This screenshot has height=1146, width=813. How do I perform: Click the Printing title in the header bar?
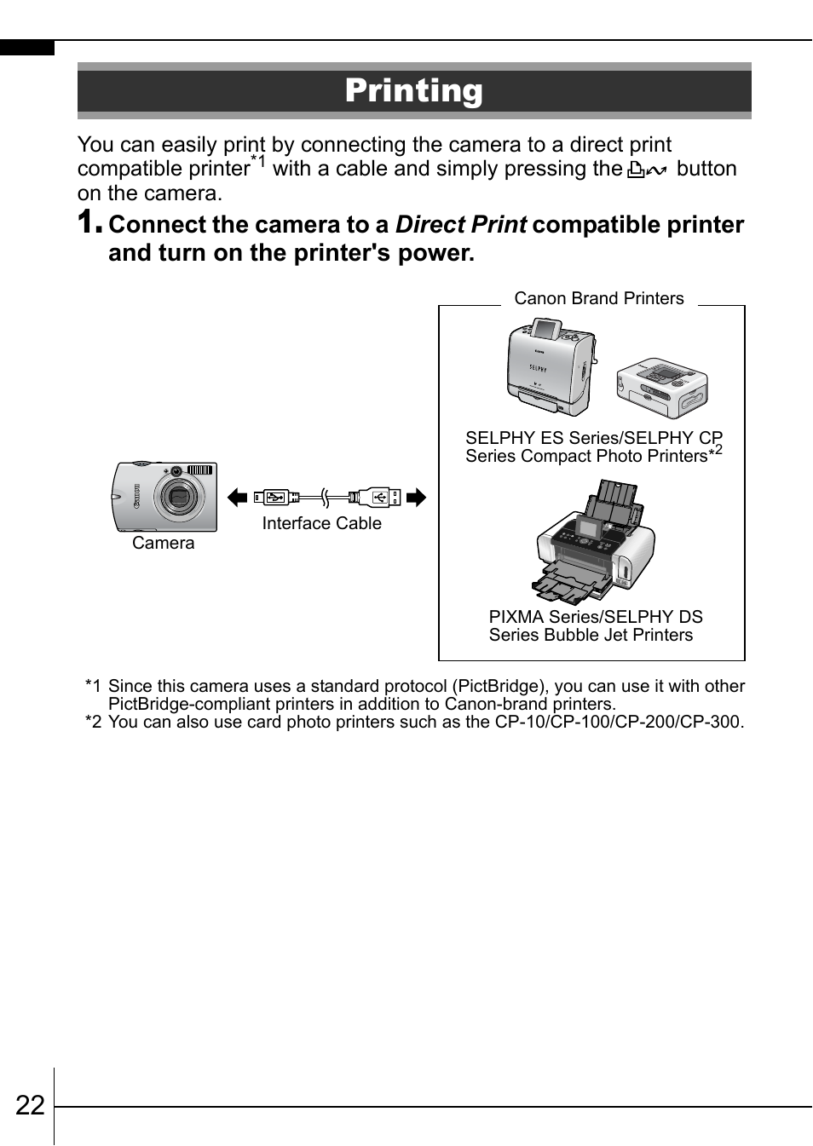tap(413, 90)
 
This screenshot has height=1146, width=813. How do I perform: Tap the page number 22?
tap(30, 1105)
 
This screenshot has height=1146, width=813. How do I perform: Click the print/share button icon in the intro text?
tap(647, 170)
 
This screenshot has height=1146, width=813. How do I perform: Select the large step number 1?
tap(89, 222)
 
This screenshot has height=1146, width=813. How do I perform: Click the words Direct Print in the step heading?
tap(461, 225)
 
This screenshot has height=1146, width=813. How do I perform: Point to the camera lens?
tap(179, 497)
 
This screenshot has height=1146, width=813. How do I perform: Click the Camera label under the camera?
tap(163, 544)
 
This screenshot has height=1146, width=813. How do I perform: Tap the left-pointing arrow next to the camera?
tap(237, 498)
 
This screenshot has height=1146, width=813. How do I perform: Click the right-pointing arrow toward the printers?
tap(416, 498)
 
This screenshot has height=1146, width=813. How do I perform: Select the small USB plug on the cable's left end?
tap(275, 497)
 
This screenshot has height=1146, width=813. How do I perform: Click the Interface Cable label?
tap(321, 524)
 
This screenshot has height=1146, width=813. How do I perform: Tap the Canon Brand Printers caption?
tap(598, 299)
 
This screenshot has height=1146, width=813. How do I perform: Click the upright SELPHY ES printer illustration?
tap(550, 366)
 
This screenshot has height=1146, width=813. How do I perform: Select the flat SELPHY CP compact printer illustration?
tap(662, 388)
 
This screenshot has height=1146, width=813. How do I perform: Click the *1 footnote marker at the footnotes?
tap(93, 687)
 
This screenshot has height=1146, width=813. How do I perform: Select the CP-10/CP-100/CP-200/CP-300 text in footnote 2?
tap(617, 723)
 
